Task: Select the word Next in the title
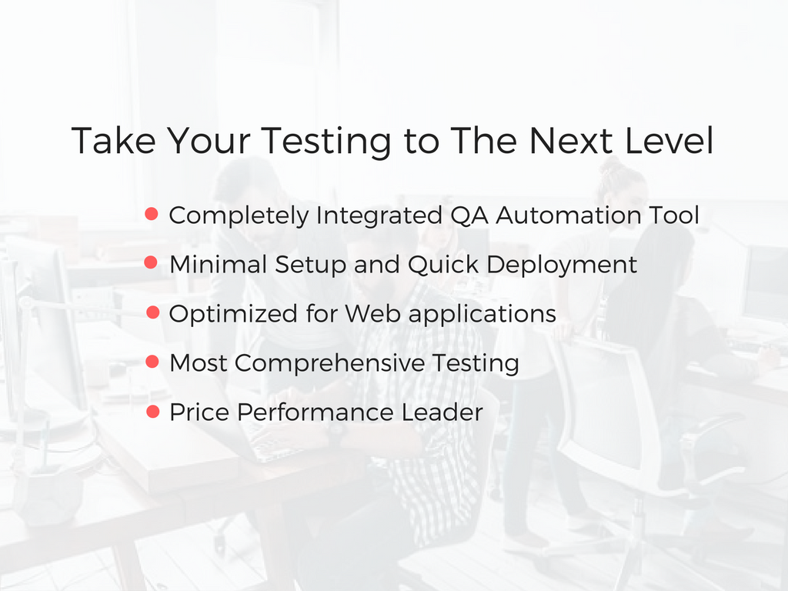pyautogui.click(x=574, y=141)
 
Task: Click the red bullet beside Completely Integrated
pyautogui.click(x=152, y=214)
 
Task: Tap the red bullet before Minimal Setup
pyautogui.click(x=152, y=263)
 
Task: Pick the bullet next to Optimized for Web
pyautogui.click(x=152, y=312)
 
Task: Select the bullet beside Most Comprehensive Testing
pyautogui.click(x=152, y=362)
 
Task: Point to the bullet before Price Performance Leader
pyautogui.click(x=152, y=411)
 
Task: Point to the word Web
pyautogui.click(x=372, y=314)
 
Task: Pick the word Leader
pyautogui.click(x=442, y=412)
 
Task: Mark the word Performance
pyautogui.click(x=316, y=412)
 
